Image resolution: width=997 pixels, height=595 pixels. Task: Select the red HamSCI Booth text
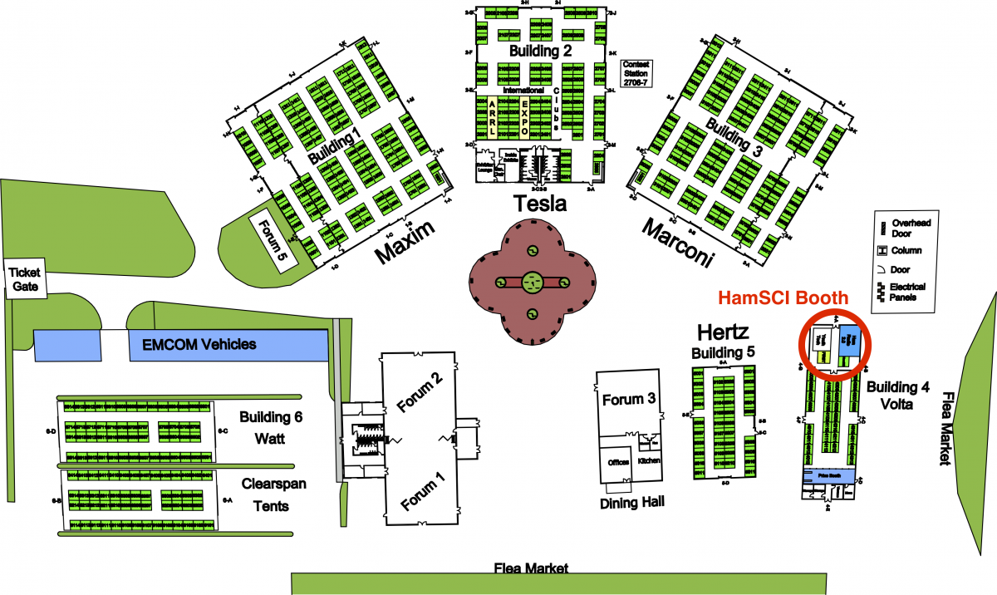pos(783,297)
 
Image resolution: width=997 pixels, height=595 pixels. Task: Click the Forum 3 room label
pos(629,400)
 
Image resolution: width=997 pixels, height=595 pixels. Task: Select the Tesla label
pos(540,204)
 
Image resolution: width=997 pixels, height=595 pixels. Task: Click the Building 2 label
pos(540,52)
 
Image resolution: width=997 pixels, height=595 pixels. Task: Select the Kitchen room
pos(649,460)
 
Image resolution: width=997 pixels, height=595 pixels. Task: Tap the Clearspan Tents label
pos(265,494)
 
